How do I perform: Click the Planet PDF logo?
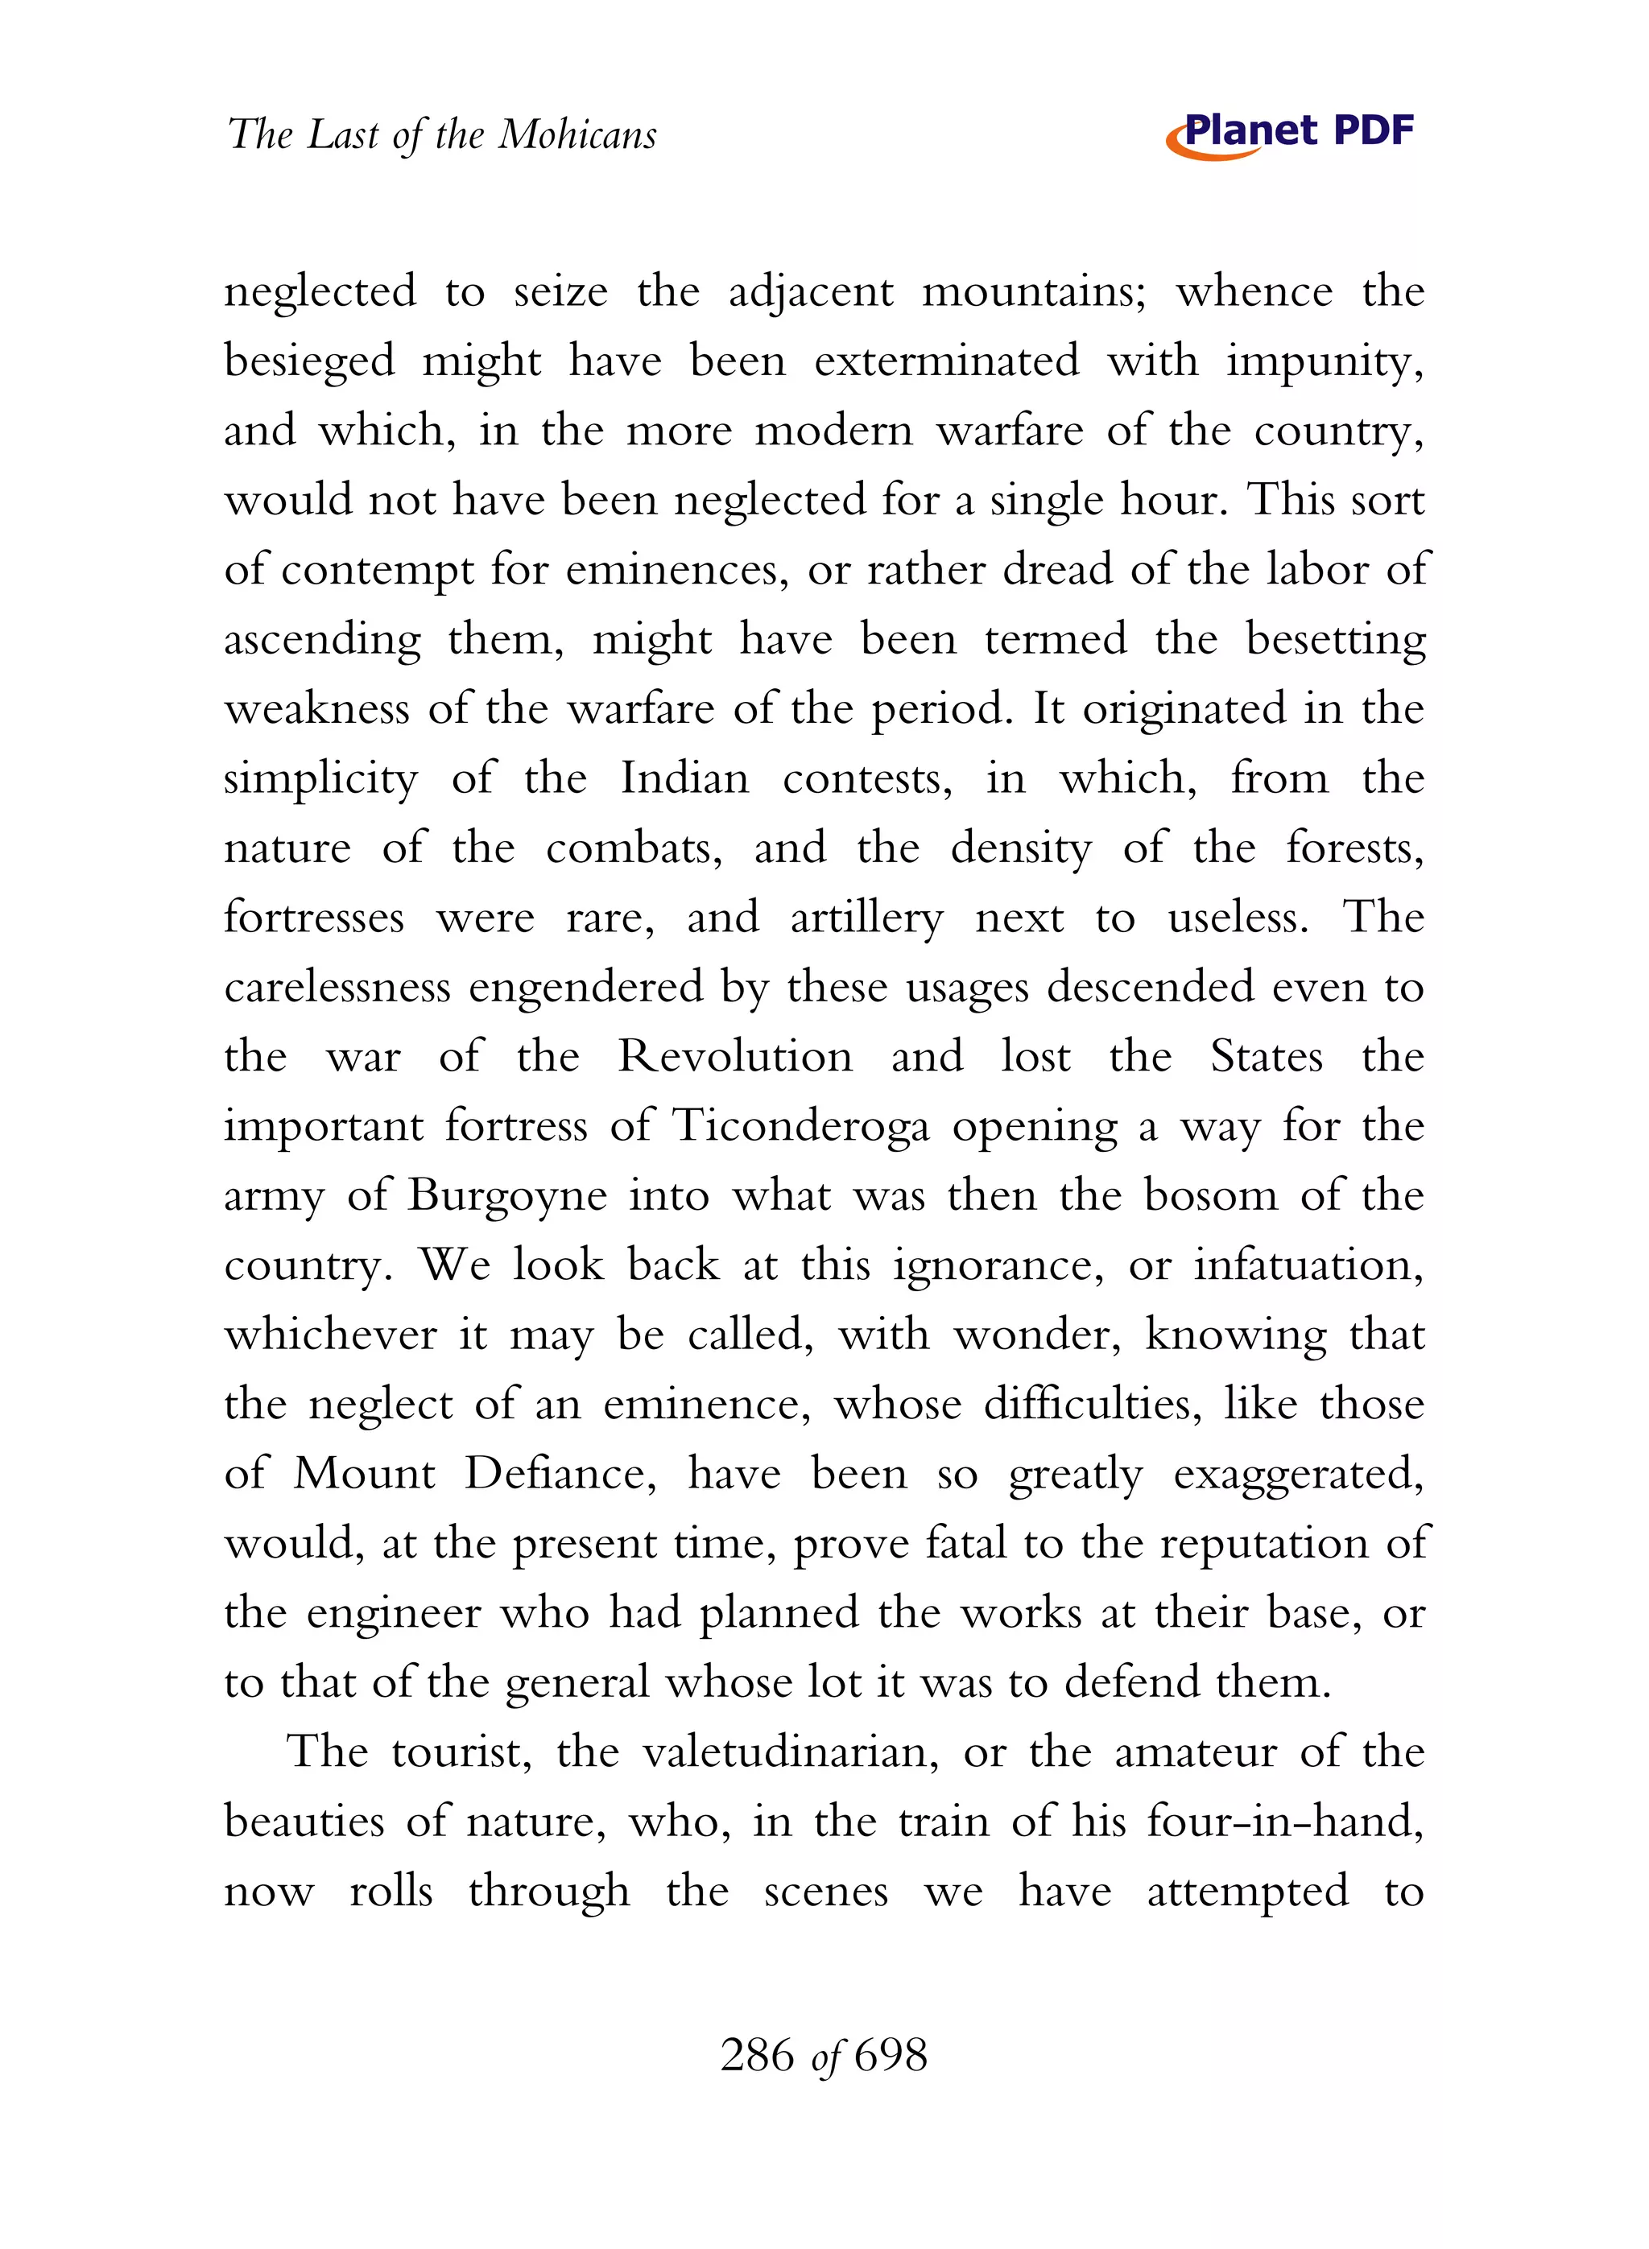[x=1290, y=134]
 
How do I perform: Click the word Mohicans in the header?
[x=577, y=134]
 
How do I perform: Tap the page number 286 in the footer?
[x=757, y=2056]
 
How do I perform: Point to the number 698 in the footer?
[x=891, y=2056]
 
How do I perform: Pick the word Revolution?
[x=736, y=1057]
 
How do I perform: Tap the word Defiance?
[x=560, y=1475]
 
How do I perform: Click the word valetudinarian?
[x=790, y=1753]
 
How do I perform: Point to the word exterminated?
[x=946, y=361]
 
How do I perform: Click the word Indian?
[x=684, y=778]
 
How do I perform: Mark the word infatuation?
[x=1308, y=1266]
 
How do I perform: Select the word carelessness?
[x=337, y=988]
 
